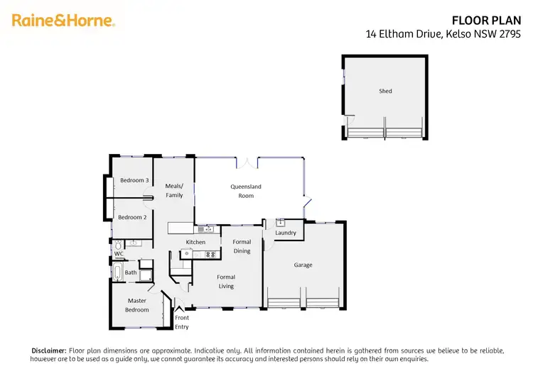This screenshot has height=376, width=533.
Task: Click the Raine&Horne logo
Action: pyautogui.click(x=63, y=21)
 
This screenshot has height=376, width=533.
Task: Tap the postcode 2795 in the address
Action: pyautogui.click(x=510, y=33)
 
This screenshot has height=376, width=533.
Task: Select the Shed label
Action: pyautogui.click(x=385, y=91)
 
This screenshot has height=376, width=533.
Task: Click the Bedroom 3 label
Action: pyautogui.click(x=134, y=180)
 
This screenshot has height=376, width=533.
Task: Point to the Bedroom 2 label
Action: pyautogui.click(x=132, y=217)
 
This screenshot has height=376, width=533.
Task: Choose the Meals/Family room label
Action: pyautogui.click(x=174, y=191)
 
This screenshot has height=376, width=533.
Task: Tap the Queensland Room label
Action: pyautogui.click(x=246, y=191)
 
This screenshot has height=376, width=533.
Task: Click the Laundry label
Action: pyautogui.click(x=285, y=233)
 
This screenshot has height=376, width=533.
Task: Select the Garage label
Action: pyautogui.click(x=303, y=265)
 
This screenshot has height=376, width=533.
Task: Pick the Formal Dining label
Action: pyautogui.click(x=242, y=246)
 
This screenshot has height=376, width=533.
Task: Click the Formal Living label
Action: pyautogui.click(x=226, y=282)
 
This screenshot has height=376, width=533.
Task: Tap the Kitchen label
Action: pyautogui.click(x=195, y=242)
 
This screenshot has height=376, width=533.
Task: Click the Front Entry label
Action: pyautogui.click(x=182, y=323)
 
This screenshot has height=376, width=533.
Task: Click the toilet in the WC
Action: pyautogui.click(x=118, y=245)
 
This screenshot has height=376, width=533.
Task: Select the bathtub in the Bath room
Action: pyautogui.click(x=117, y=272)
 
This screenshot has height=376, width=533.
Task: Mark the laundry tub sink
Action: pyautogui.click(x=280, y=222)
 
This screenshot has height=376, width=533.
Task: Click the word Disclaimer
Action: pyautogui.click(x=48, y=350)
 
